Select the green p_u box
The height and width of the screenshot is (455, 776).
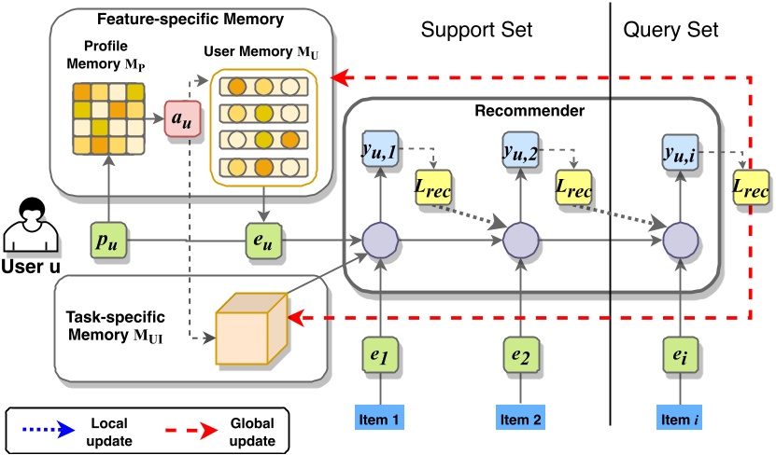pyautogui.click(x=110, y=242)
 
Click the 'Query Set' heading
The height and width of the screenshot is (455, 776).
pyautogui.click(x=670, y=29)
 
